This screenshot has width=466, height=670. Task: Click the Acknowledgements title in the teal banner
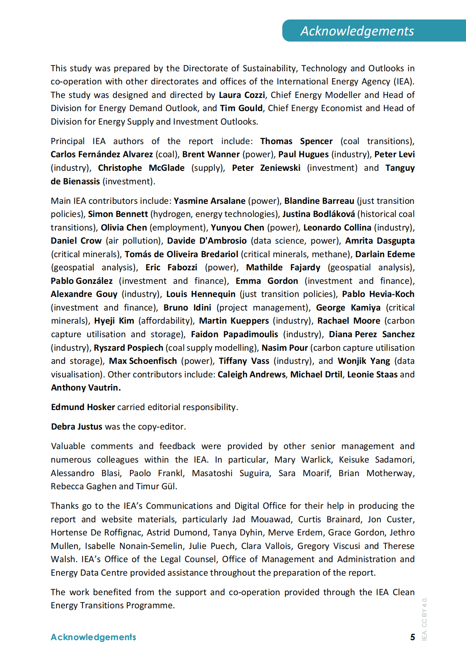tap(357, 31)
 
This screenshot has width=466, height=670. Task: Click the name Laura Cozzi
tap(242, 95)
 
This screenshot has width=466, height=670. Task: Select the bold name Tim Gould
tap(241, 108)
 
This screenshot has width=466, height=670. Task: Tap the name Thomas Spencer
tap(296, 141)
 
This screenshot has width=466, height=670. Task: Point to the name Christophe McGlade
tap(141, 168)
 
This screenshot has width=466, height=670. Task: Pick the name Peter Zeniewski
tap(266, 168)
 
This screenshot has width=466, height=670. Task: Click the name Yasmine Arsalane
tap(209, 201)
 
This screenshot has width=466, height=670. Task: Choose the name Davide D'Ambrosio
tap(206, 241)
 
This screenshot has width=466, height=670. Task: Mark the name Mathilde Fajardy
tap(283, 268)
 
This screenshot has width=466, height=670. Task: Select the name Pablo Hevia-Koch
tap(378, 294)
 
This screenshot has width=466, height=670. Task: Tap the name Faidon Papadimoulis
tap(234, 334)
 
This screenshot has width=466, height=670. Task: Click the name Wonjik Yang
tap(364, 361)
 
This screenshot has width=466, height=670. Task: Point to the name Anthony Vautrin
tap(86, 388)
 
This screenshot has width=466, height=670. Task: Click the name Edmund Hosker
tap(83, 407)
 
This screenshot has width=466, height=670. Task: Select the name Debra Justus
tap(77, 427)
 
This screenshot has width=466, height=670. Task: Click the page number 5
tap(413, 637)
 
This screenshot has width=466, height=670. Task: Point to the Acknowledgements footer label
tap(93, 637)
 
